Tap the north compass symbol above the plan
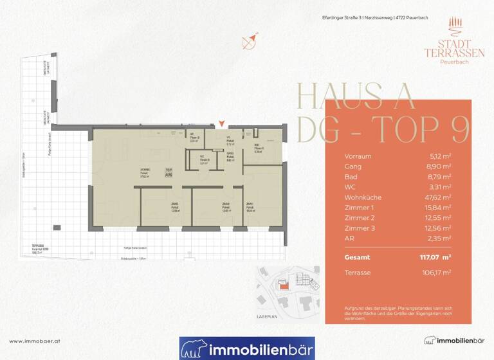250,40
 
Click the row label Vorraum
358,156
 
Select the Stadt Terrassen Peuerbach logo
445,40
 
